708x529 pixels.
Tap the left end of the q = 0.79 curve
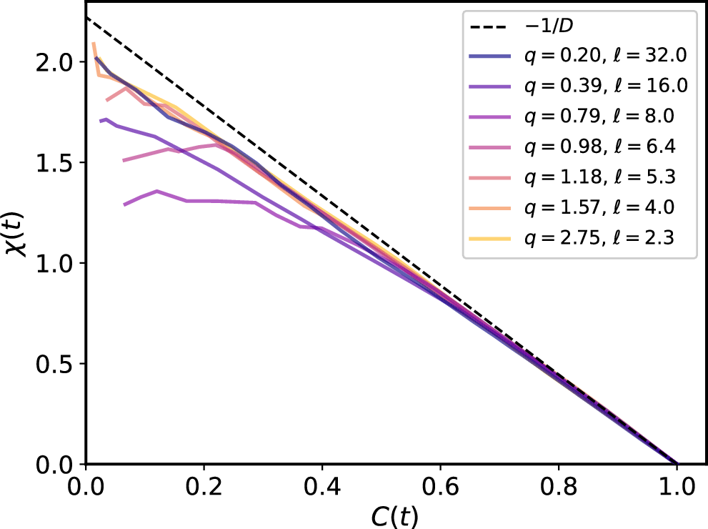tap(124, 205)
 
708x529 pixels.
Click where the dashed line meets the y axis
tap(86, 16)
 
